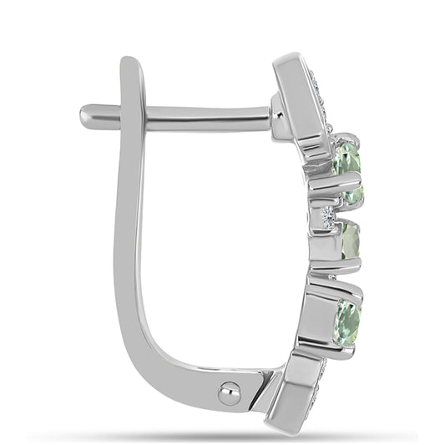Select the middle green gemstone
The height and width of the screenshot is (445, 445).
coord(349,240)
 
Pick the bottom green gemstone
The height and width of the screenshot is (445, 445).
coord(347,321)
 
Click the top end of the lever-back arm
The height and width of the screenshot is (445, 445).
coord(130,65)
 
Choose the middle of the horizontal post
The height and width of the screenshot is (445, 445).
coord(200,117)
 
